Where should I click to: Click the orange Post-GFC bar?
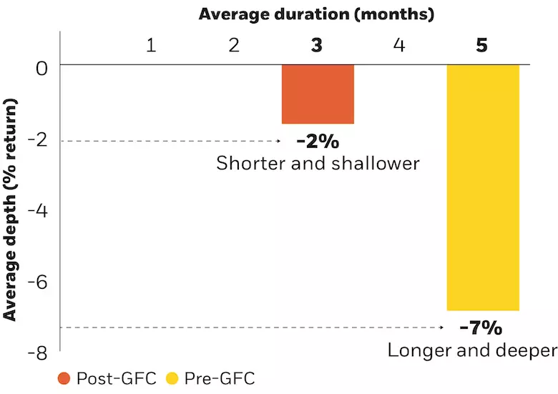317,94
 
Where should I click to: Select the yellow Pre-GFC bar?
483,187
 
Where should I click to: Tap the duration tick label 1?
151,46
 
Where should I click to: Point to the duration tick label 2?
234,46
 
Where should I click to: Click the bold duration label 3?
317,46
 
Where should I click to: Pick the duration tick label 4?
399,46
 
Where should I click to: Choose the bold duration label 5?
482,46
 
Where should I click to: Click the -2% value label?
317,141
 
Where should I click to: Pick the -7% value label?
481,328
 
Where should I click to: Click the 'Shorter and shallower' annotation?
317,163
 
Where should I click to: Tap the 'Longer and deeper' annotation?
471,350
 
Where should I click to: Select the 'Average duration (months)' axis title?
316,14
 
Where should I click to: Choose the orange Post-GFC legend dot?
65,378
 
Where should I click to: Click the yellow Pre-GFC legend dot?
172,378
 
